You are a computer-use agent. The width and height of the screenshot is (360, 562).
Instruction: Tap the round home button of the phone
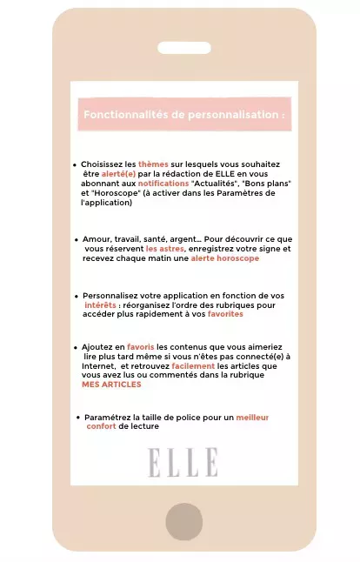click(183, 521)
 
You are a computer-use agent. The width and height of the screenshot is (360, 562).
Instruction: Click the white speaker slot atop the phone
click(183, 48)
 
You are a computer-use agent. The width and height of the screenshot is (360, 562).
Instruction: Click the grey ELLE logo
click(183, 462)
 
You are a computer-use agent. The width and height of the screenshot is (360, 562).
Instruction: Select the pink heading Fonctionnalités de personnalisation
click(183, 115)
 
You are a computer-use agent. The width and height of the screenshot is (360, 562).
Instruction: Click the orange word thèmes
click(153, 164)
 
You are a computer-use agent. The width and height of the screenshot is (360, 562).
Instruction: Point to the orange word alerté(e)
click(118, 174)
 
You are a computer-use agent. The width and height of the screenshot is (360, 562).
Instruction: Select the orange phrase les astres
click(165, 249)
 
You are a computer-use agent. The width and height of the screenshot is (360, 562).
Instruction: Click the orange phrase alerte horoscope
click(225, 258)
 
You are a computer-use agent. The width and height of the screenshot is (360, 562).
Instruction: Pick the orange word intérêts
click(101, 305)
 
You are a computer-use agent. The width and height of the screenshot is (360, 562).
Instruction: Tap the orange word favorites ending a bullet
click(225, 315)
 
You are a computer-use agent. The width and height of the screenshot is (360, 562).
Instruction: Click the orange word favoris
click(140, 346)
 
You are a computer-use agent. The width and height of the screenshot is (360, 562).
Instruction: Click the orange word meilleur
click(252, 418)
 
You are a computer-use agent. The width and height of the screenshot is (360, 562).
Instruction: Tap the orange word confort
click(101, 427)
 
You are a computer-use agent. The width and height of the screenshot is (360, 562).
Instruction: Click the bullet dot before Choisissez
click(76, 164)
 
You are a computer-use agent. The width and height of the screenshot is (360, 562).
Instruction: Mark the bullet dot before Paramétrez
click(78, 418)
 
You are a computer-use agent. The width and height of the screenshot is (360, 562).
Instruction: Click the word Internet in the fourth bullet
click(97, 365)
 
